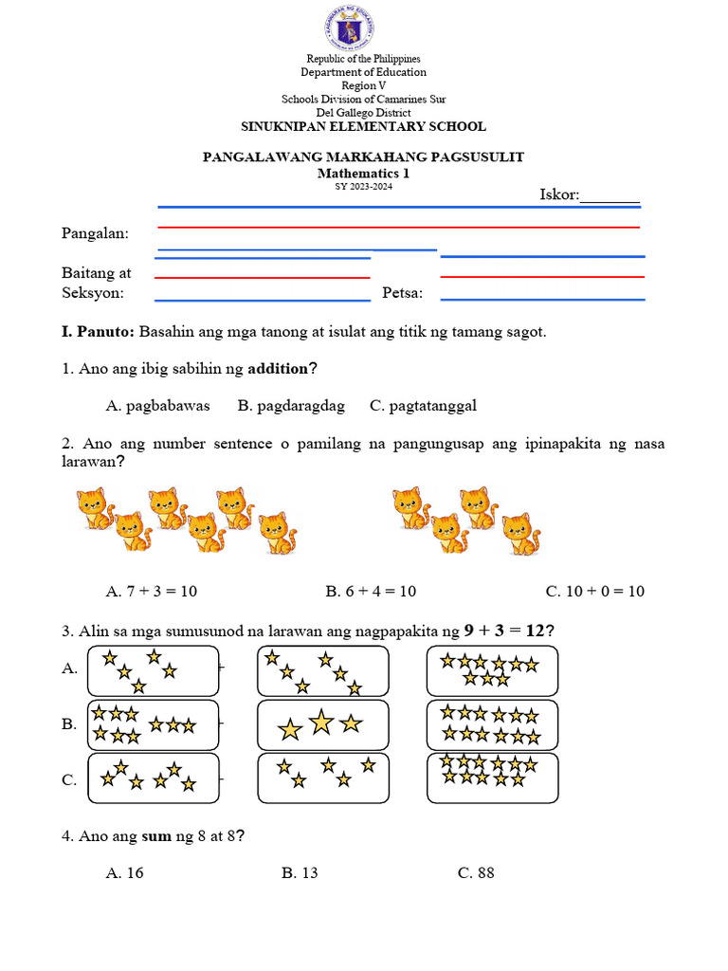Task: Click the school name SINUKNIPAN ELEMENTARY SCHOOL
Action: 363,126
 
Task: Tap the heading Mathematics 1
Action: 363,174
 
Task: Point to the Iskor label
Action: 559,194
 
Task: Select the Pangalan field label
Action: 96,233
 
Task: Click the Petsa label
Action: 402,293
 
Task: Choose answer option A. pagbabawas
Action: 158,406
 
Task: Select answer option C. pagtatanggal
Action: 424,406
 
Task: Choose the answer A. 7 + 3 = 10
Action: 152,591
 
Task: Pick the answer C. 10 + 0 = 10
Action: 595,591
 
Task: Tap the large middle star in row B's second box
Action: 322,724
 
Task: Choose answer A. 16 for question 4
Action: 125,872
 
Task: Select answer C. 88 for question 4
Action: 476,872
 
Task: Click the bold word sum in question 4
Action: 156,835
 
